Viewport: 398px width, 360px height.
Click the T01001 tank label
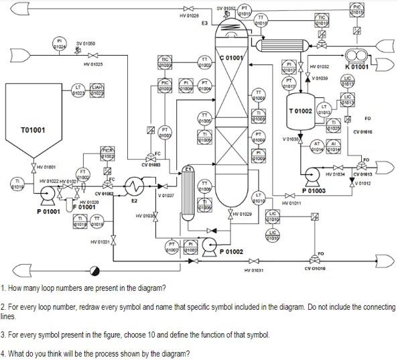[x=33, y=129]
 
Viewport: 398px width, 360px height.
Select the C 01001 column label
[x=232, y=58]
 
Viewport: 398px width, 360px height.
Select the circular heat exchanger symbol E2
[x=135, y=186]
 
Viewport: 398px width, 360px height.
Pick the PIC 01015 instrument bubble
[x=357, y=9]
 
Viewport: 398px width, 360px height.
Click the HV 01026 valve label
[x=190, y=15]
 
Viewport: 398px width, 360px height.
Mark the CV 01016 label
[x=362, y=132]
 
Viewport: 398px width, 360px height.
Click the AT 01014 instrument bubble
[x=317, y=145]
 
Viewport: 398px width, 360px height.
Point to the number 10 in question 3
[x=137, y=335]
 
